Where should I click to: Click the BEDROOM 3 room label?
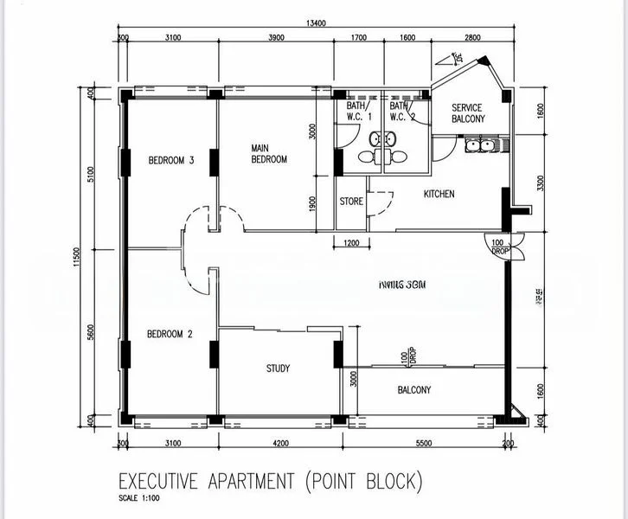coord(170,160)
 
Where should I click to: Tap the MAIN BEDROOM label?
coord(269,153)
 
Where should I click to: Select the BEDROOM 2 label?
coord(170,334)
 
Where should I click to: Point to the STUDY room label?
coord(278,368)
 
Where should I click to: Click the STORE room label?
coord(351,202)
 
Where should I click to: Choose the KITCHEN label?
coord(439,194)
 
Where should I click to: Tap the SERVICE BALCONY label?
coord(467,113)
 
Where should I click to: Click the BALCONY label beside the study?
coord(413,390)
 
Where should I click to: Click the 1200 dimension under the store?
coord(351,243)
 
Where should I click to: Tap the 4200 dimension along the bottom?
coord(279,444)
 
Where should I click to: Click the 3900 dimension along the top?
coord(276,39)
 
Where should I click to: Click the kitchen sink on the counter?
coord(478,145)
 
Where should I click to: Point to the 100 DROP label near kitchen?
coord(499,247)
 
